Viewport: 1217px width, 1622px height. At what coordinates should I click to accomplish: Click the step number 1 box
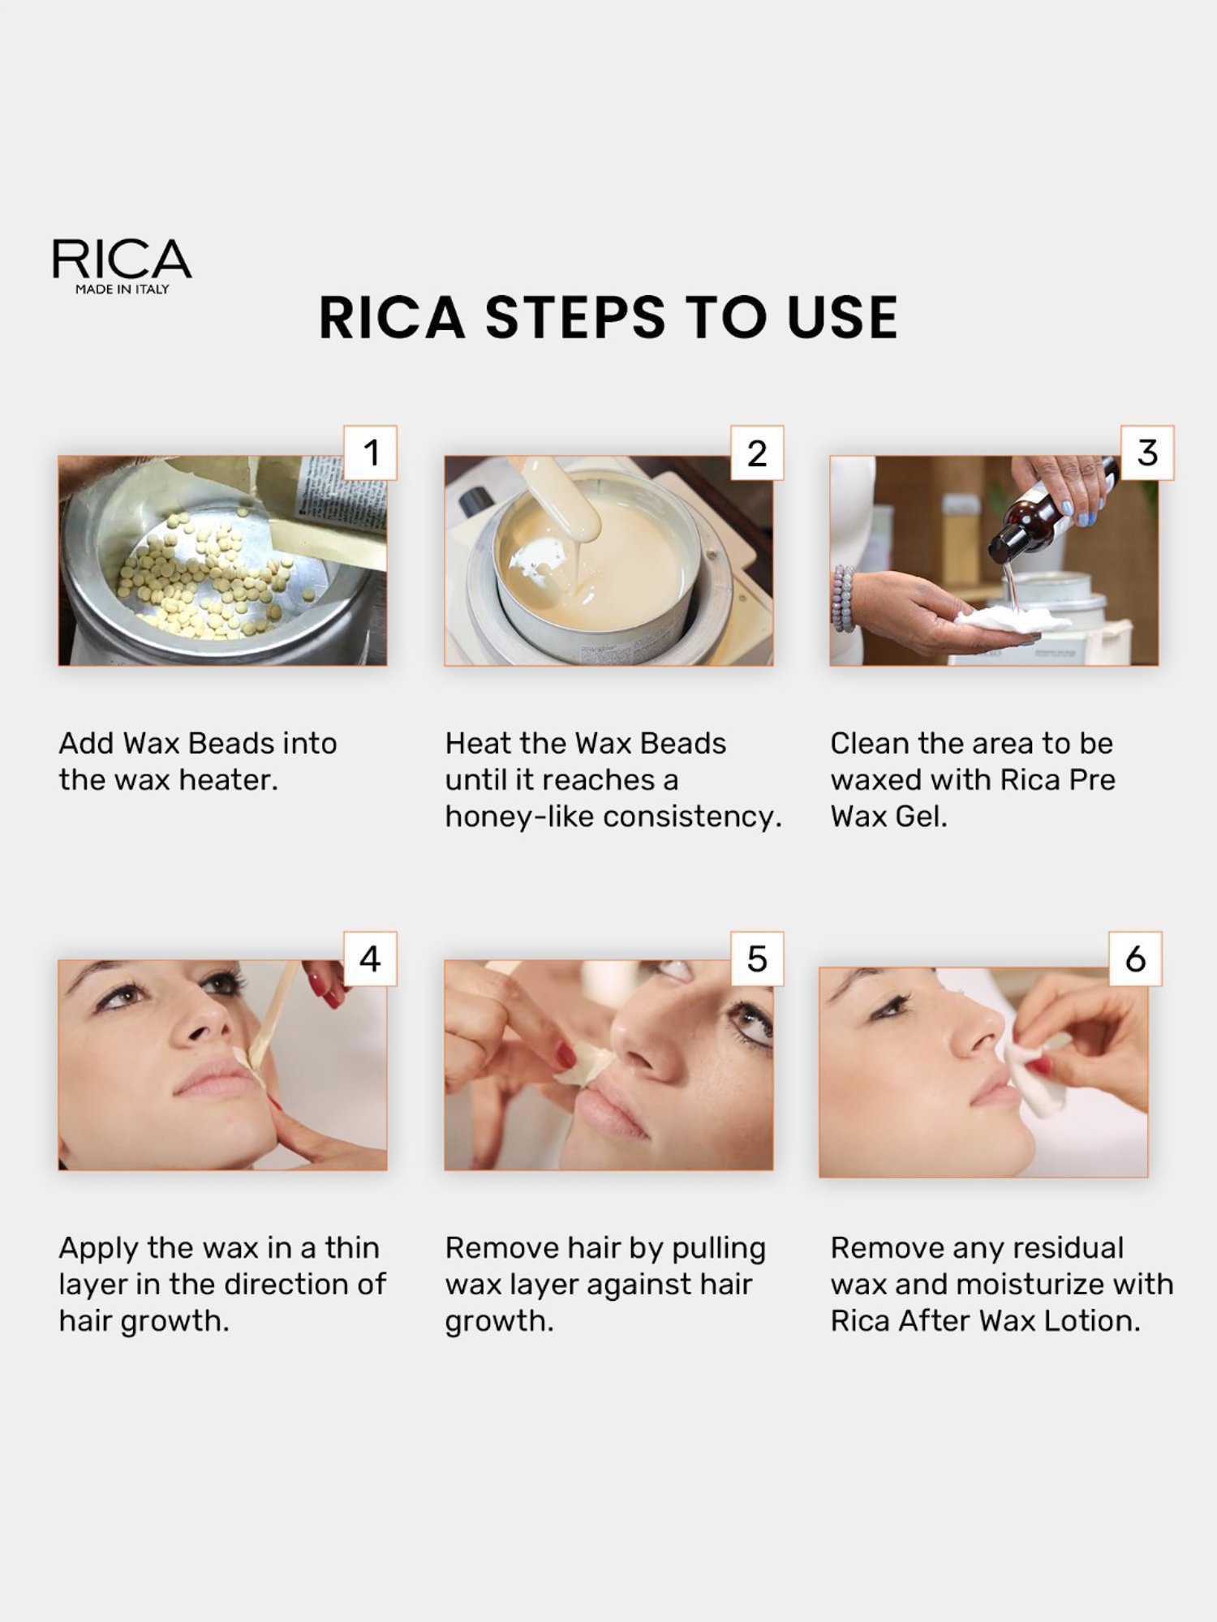[371, 453]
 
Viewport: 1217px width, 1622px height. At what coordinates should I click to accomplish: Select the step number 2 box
[757, 453]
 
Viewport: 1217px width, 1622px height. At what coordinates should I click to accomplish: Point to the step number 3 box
[1146, 453]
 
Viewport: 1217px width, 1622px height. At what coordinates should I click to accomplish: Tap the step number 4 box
[371, 959]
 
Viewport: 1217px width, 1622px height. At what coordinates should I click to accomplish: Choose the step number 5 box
[757, 959]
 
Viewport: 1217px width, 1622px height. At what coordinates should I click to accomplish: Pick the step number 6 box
[1135, 959]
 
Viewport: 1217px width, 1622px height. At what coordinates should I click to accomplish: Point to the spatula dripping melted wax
[560, 503]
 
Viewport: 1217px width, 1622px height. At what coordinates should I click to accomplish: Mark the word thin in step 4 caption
[352, 1248]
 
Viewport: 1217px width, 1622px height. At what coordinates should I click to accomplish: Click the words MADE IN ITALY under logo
[122, 290]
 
